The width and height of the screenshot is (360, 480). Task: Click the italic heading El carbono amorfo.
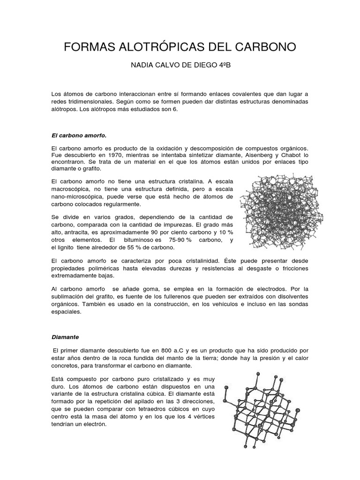pos(79,135)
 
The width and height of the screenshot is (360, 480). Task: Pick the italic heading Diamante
pos(65,337)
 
